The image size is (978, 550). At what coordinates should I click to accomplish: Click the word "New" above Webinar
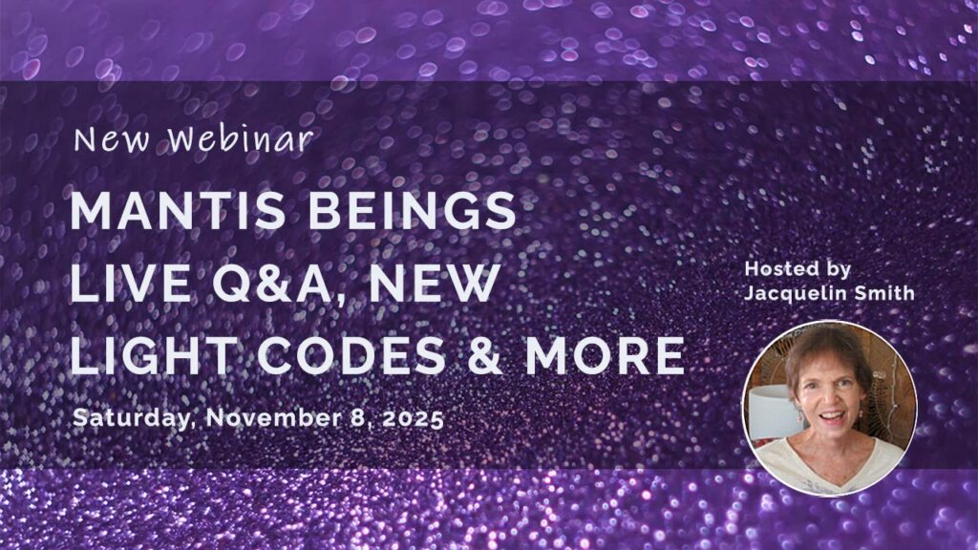click(112, 140)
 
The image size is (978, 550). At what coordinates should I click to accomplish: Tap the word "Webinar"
click(242, 139)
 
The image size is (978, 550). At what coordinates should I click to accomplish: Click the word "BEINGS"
click(413, 210)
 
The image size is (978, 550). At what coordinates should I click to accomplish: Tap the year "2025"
click(414, 418)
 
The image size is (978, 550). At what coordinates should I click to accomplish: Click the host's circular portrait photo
click(830, 409)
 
